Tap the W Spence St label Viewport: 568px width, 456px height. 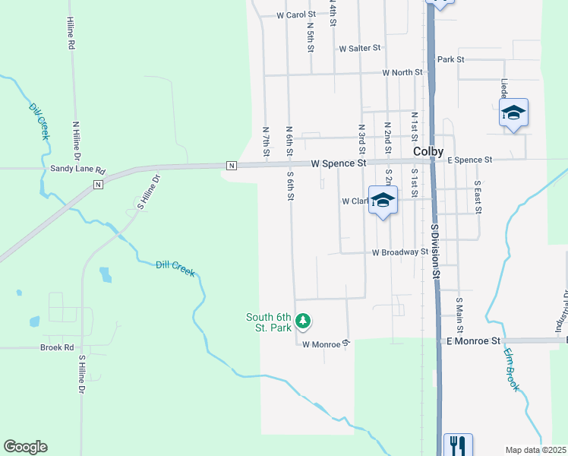click(x=339, y=163)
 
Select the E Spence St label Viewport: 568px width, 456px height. click(x=470, y=160)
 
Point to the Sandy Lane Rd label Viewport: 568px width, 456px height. click(x=77, y=169)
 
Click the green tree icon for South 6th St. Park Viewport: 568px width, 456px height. click(x=303, y=321)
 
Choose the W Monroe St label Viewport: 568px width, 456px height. click(x=325, y=344)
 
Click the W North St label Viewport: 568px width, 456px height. click(x=402, y=73)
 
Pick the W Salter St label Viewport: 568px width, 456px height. click(x=360, y=48)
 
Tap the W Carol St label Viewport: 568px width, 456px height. click(x=296, y=14)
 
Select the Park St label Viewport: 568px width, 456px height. click(x=450, y=59)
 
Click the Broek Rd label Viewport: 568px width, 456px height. click(x=57, y=347)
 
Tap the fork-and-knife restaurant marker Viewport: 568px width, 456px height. click(x=457, y=444)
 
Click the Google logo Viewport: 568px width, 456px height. click(x=25, y=447)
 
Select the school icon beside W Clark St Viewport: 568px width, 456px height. click(x=383, y=201)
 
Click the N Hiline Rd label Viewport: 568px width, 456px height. click(x=75, y=138)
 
